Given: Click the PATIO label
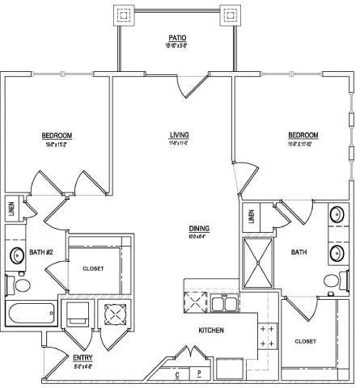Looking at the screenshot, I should (178, 37).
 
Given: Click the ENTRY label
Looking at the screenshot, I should (82, 357).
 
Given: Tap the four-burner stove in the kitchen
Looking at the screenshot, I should (265, 337).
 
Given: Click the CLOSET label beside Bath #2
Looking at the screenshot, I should (92, 268).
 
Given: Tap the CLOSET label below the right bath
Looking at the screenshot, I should (306, 340).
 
